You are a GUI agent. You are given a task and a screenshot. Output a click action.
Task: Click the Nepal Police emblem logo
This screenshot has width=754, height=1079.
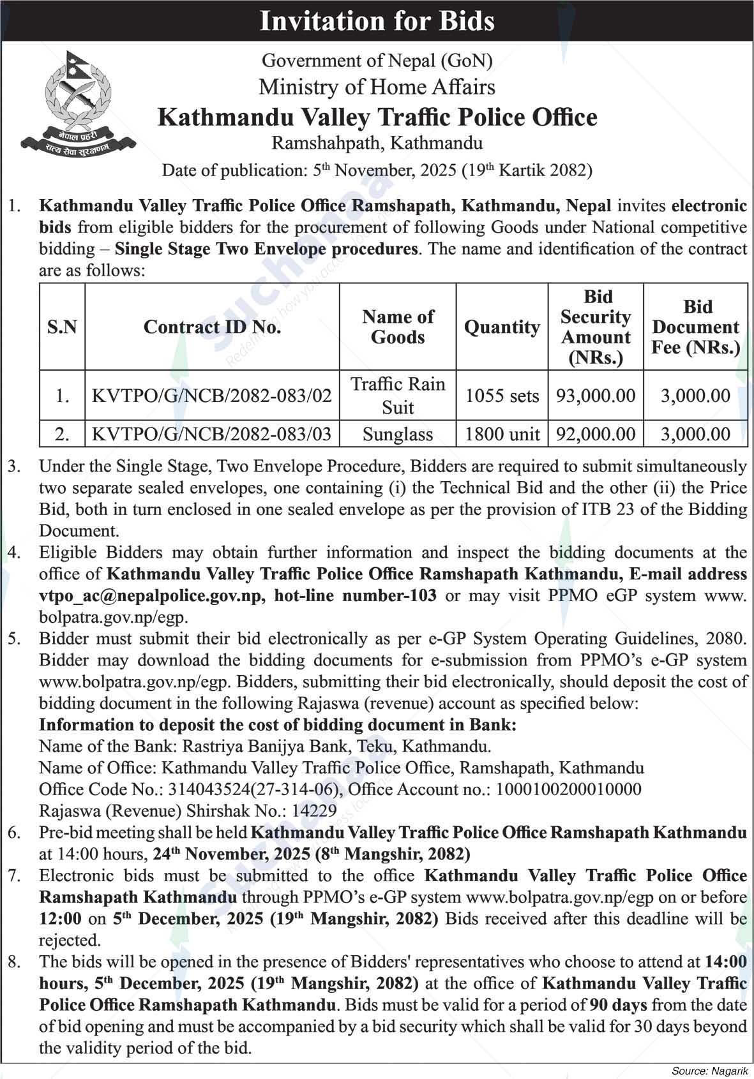tap(77, 102)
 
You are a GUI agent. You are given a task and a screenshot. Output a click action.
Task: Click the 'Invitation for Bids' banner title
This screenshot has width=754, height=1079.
tap(377, 21)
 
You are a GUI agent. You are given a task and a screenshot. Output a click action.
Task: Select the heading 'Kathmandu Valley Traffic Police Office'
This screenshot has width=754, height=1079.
tap(377, 117)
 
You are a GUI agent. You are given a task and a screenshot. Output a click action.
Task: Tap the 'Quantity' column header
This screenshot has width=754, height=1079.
tap(502, 327)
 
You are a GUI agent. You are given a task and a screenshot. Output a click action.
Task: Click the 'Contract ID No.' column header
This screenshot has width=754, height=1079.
tap(212, 327)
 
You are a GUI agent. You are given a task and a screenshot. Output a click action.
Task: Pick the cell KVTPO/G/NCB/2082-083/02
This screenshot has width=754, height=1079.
tap(212, 396)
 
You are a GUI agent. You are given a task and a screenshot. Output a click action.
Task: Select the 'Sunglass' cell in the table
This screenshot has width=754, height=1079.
tap(398, 435)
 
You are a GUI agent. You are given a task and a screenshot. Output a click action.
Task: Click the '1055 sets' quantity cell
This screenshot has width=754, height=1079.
tap(502, 396)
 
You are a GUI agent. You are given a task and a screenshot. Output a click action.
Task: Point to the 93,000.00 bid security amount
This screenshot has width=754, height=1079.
tap(596, 396)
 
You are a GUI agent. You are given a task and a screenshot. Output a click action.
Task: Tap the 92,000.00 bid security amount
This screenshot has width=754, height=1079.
tap(596, 435)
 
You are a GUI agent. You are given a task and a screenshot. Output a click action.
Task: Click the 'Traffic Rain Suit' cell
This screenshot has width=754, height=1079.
tap(398, 396)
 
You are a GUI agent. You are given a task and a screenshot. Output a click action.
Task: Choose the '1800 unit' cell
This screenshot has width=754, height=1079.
tap(502, 435)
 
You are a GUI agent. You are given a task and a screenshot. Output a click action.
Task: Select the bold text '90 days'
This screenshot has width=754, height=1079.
tap(618, 1005)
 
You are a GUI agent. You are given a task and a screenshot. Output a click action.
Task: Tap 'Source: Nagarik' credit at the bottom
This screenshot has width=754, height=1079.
tap(709, 1069)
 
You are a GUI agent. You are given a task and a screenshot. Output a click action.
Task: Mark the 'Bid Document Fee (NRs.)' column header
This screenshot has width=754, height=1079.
tap(695, 327)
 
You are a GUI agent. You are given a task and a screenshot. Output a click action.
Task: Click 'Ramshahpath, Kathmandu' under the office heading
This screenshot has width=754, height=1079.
tap(377, 143)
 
